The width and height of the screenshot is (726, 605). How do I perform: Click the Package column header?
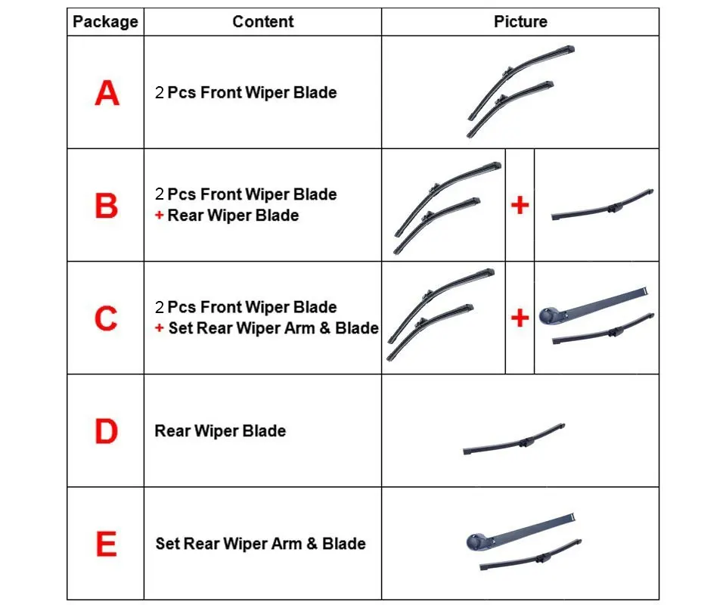tap(106, 22)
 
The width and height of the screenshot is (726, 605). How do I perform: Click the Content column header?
tap(263, 21)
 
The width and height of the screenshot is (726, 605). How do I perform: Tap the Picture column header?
tap(520, 21)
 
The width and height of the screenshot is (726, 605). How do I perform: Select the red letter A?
tap(107, 92)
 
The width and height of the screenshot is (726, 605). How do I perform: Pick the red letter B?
tap(107, 206)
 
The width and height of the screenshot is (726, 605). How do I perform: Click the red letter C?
tap(106, 318)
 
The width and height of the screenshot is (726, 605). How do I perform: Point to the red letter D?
tap(107, 431)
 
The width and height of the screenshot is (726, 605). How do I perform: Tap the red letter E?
tap(107, 544)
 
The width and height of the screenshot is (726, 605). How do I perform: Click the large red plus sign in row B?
tap(520, 205)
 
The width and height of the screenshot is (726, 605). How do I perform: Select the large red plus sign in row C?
tap(520, 318)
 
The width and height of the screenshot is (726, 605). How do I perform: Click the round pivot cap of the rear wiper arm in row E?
tap(476, 541)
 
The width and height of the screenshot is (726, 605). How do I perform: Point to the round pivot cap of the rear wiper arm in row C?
tap(549, 315)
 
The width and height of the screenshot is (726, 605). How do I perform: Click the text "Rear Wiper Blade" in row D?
tap(220, 431)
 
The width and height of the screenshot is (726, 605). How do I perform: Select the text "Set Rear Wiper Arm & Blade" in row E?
tap(261, 544)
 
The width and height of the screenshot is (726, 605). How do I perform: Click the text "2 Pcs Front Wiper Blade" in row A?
tap(246, 92)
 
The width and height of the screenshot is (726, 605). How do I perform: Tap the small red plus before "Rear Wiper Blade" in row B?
tap(160, 216)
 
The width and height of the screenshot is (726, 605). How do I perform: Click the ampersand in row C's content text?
tap(324, 328)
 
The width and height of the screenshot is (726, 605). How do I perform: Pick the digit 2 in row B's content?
tap(160, 194)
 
